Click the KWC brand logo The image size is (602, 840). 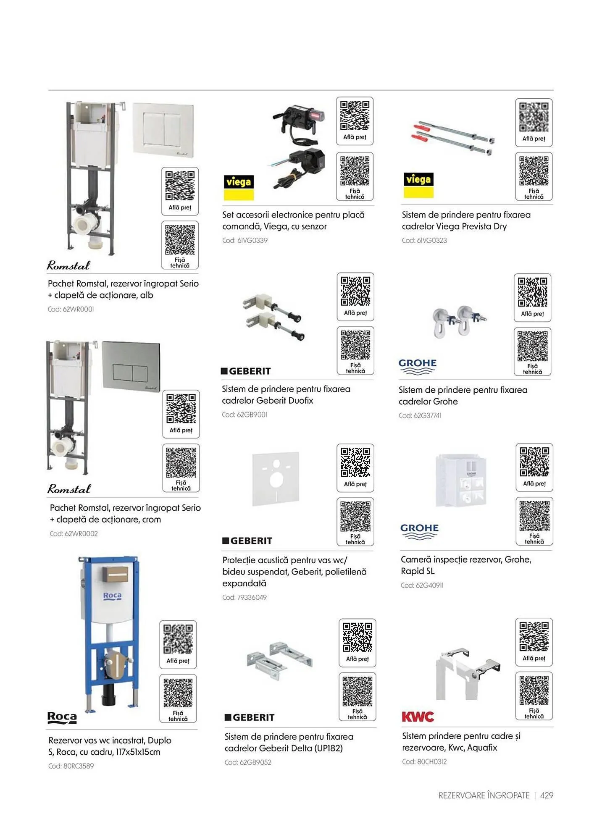click(x=418, y=717)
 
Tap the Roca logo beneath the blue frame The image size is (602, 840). click(x=62, y=717)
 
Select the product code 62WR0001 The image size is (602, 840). click(x=71, y=309)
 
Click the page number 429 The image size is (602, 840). click(x=547, y=795)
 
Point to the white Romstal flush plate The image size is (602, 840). click(x=163, y=130)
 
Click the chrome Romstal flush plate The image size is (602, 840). click(x=131, y=366)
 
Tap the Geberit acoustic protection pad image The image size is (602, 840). click(x=276, y=479)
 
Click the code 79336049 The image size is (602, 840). click(x=244, y=597)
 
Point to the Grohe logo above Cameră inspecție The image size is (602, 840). click(x=419, y=531)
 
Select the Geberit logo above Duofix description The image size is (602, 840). click(x=246, y=371)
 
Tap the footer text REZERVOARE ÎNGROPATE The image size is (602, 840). click(x=484, y=795)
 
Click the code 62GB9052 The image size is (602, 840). click(x=248, y=762)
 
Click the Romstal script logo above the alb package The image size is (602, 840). click(x=68, y=265)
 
